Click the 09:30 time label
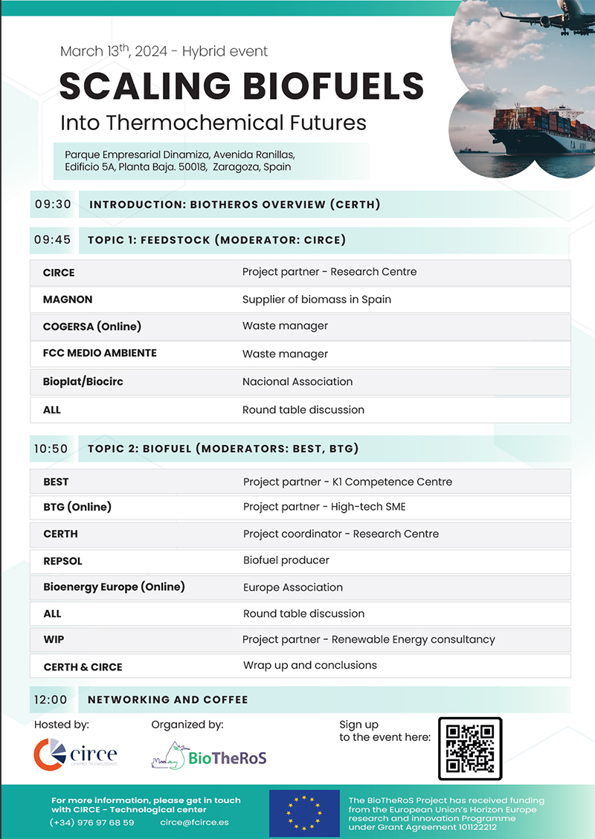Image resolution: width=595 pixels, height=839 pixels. click(x=52, y=204)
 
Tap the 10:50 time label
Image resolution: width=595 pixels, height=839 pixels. click(x=51, y=449)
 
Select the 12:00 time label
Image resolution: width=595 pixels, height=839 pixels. click(x=51, y=699)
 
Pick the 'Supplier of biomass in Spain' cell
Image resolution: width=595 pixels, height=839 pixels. click(x=316, y=299)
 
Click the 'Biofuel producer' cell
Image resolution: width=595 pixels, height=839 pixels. click(x=286, y=560)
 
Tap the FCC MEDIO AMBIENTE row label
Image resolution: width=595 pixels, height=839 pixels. click(x=100, y=353)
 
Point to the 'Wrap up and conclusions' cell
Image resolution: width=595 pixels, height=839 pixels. click(x=309, y=665)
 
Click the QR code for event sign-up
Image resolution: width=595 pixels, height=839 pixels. click(x=470, y=748)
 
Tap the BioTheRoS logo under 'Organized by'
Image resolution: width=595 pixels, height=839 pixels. click(x=209, y=757)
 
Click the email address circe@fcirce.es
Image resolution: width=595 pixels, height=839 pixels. click(x=194, y=823)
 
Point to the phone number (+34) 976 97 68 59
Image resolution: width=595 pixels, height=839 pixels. click(x=92, y=823)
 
